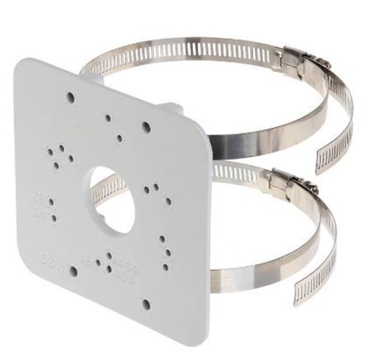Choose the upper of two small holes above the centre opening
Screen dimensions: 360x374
pos(108,116)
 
